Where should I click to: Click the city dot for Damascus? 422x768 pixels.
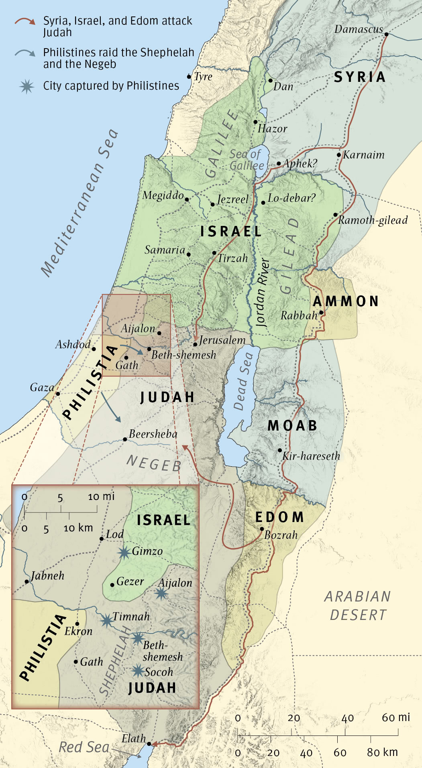pos(386,35)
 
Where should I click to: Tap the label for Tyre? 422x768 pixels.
pos(203,77)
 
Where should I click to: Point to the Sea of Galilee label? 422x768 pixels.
pos(247,160)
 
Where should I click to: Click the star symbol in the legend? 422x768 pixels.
pos(27,86)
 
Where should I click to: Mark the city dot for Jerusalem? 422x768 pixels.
pos(195,344)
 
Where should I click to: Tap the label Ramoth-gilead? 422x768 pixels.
pos(373,220)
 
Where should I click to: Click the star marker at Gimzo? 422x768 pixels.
pos(124,553)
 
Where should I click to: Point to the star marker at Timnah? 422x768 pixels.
pos(107,621)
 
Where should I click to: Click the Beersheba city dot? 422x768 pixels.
pos(125,439)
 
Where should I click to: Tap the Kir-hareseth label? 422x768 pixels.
pos(311,456)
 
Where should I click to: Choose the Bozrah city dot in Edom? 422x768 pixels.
pos(262,529)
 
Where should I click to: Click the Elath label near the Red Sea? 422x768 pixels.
pos(134,738)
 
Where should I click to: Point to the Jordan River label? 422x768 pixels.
pos(262,292)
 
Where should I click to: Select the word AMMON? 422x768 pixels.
pos(346,301)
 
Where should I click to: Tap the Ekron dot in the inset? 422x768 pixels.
pos(77,624)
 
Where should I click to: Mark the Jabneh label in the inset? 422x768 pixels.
pos(47,576)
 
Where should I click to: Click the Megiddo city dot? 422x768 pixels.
pos(187,199)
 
